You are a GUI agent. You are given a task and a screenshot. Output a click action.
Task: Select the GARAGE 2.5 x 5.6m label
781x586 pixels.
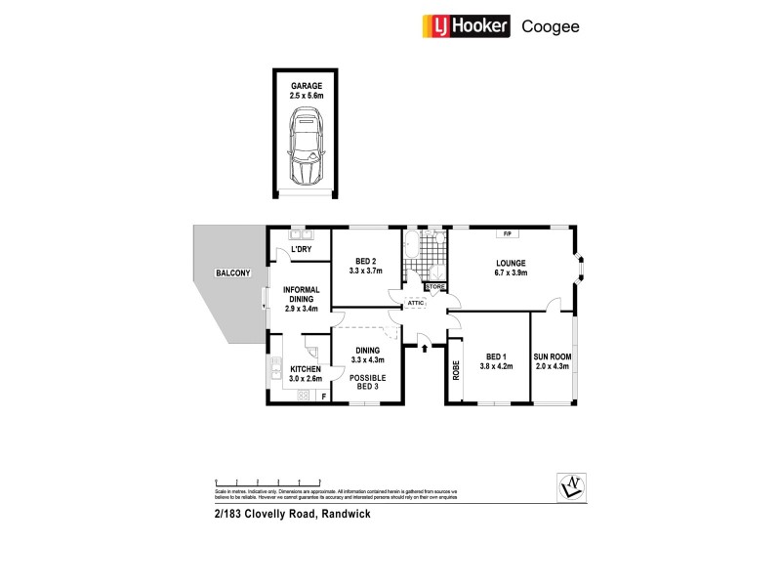tap(306, 92)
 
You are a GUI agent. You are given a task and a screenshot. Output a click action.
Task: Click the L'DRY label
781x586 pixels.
tap(301, 250)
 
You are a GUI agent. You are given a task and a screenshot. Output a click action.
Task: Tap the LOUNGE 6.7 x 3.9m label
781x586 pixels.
tap(511, 269)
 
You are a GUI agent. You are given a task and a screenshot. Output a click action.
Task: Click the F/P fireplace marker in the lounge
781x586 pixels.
tap(508, 234)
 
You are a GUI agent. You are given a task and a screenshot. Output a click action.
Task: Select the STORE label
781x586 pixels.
tap(433, 287)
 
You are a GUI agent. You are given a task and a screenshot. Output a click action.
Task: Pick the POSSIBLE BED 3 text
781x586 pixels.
tap(366, 383)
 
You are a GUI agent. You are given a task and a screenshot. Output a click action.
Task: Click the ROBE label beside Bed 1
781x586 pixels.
tap(456, 371)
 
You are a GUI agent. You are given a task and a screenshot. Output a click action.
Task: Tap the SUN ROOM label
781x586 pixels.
tap(553, 361)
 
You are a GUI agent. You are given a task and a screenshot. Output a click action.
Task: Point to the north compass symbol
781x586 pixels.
tap(569, 484)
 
